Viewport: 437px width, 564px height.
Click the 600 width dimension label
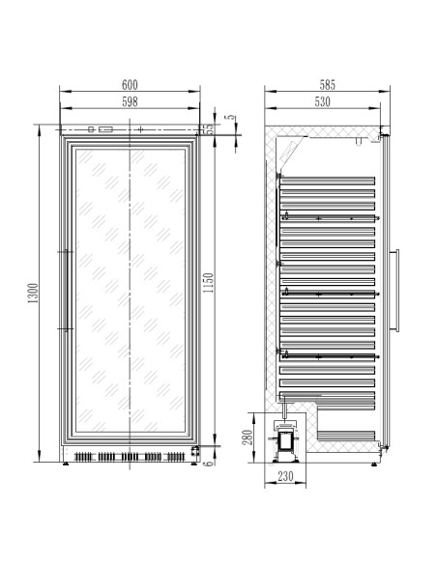click(x=130, y=85)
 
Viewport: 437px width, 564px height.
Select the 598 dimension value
click(x=130, y=101)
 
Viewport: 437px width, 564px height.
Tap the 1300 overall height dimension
click(x=33, y=293)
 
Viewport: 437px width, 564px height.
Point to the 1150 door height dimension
click(x=208, y=283)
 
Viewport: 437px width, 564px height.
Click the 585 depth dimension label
click(x=327, y=85)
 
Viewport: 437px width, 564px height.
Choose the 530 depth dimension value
click(x=322, y=101)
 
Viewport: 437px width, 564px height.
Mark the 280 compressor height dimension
click(x=248, y=437)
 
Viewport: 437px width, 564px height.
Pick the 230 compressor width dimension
click(x=285, y=476)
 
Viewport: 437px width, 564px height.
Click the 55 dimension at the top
click(x=209, y=129)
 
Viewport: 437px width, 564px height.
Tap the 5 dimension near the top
click(x=230, y=118)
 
